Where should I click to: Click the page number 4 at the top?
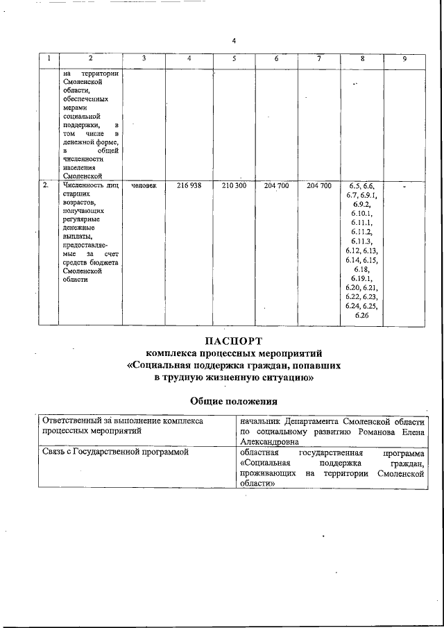point(234,40)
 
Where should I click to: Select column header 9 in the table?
point(404,60)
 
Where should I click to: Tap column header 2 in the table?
point(90,59)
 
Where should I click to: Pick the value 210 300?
point(234,186)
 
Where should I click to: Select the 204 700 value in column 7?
point(318,186)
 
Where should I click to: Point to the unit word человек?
point(144,186)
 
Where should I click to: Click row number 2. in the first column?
point(46,186)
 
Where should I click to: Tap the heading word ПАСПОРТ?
point(234,341)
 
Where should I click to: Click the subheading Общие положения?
point(234,401)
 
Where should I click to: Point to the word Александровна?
point(270,441)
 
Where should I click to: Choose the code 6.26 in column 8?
point(361,316)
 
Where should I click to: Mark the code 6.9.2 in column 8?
point(361,204)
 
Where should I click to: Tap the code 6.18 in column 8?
point(361,269)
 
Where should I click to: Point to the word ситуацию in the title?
point(281,379)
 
